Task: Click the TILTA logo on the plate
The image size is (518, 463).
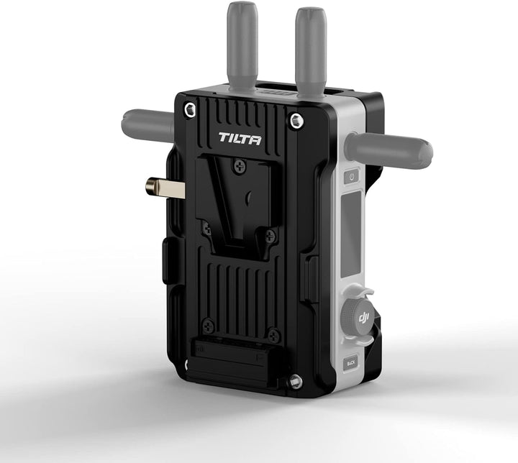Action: (240, 139)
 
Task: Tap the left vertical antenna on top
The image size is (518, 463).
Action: (242, 43)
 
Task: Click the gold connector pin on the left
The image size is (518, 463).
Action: (164, 188)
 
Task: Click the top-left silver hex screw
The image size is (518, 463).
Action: (189, 109)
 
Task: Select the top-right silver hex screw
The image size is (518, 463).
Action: (295, 120)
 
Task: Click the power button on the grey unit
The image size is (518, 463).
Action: (352, 176)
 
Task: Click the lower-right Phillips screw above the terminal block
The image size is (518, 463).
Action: (273, 334)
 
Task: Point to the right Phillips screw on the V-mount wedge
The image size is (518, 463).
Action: (270, 235)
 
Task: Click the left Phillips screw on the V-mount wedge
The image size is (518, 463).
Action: (206, 228)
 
